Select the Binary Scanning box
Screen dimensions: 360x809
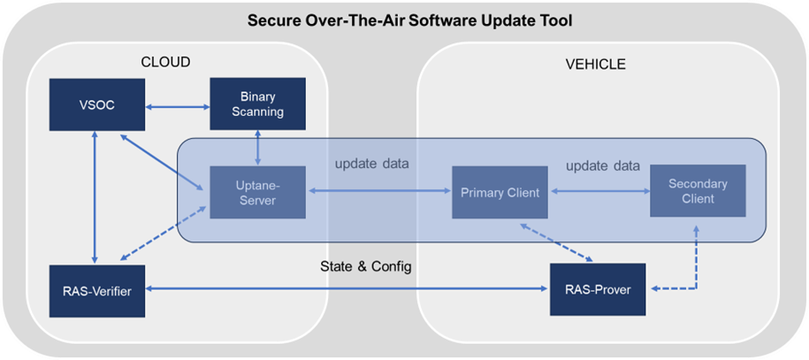257,103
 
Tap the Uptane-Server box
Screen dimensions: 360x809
257,192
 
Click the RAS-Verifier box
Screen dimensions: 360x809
93,289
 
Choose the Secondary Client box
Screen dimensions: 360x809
698,191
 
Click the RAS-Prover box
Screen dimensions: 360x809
599,289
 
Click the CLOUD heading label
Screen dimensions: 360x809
165,62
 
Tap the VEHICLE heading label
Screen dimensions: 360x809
595,64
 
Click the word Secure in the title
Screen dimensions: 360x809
272,19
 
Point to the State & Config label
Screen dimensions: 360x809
365,266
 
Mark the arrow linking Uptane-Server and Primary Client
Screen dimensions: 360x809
378,192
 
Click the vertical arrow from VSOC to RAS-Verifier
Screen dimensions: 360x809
93,195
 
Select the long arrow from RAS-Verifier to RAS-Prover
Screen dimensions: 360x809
345,289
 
